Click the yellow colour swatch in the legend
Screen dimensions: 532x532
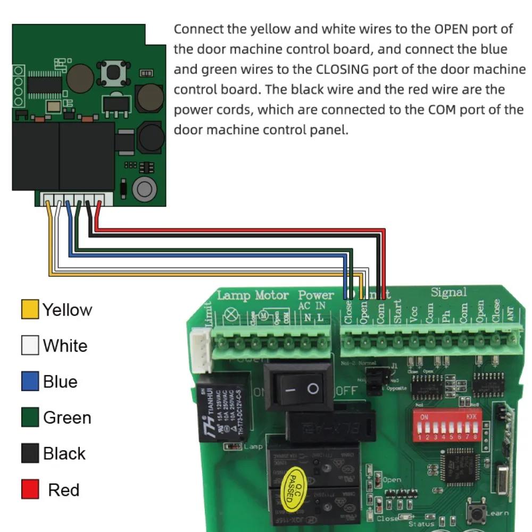tap(30, 310)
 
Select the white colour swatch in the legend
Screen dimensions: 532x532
tap(30, 346)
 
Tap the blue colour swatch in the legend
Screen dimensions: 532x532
tap(30, 381)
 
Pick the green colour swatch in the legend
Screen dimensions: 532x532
tap(30, 418)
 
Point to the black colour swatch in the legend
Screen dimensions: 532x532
tap(30, 453)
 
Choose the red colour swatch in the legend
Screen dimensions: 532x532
tap(30, 489)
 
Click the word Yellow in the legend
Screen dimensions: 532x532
tap(67, 310)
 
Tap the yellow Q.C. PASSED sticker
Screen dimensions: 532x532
tap(293, 486)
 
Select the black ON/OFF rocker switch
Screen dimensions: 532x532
tap(299, 388)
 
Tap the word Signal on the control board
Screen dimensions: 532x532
tap(448, 292)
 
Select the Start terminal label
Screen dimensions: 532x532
tap(397, 311)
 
